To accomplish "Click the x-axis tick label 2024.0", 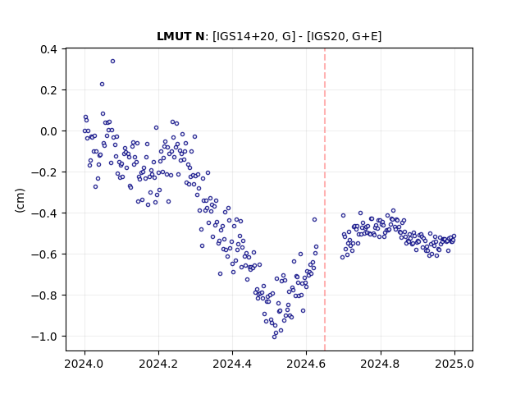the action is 84,364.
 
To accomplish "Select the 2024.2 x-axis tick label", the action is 158,364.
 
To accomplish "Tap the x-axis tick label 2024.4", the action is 232,364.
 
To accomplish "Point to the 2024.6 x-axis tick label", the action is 306,364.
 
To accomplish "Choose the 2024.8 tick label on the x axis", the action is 380,364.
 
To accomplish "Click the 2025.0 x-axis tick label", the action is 454,364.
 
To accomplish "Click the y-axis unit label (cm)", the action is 20,200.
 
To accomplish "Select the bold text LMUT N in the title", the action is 180,36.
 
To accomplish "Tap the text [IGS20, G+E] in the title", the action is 344,36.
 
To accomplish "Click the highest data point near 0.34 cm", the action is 113,62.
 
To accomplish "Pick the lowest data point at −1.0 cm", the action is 274,337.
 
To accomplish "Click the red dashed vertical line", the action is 325,199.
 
